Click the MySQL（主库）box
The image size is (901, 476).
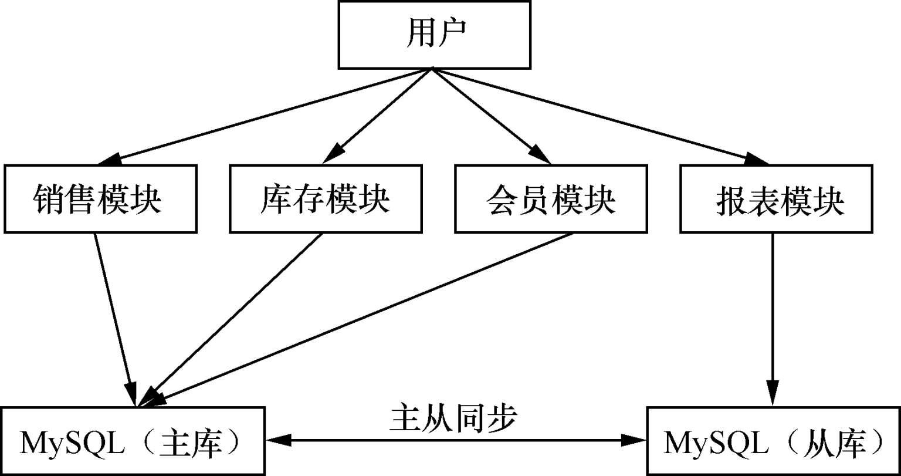pyautogui.click(x=133, y=440)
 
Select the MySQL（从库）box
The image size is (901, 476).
pyautogui.click(x=773, y=440)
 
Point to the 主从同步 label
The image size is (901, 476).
pyautogui.click(x=453, y=418)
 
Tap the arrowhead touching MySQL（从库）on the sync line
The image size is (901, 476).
pyautogui.click(x=636, y=439)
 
